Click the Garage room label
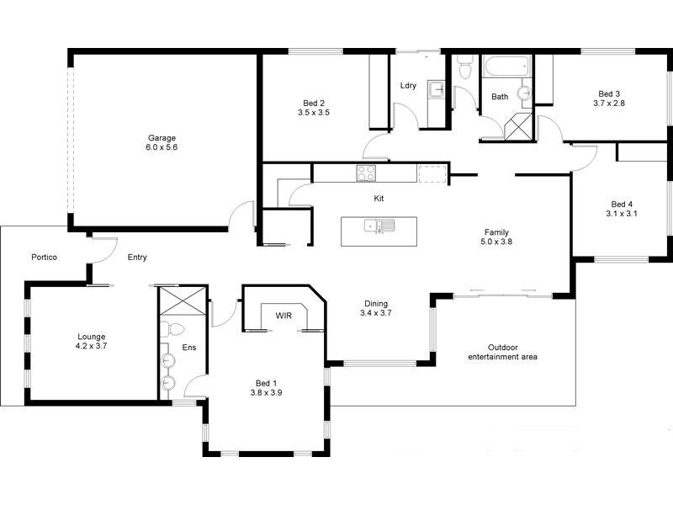coord(162,137)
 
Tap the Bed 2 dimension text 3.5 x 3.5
coord(313,111)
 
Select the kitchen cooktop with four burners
coord(366,173)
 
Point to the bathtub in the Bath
coord(506,66)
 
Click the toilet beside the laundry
coord(464,69)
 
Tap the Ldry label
coord(408,85)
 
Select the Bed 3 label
coord(609,93)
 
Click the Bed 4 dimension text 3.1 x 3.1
coord(622,214)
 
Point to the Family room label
coord(496,232)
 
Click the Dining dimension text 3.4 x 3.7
coord(376,313)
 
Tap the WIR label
coord(284,316)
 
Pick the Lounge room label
coord(91,337)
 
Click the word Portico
coord(44,257)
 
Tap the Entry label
coord(137,257)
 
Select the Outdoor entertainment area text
coord(502,352)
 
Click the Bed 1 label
coord(265,382)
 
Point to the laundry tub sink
coord(435,88)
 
